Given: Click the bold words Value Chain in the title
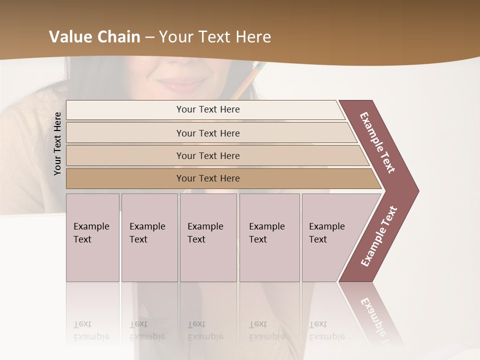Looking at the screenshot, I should (x=94, y=37).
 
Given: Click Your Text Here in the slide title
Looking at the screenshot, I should (x=215, y=37).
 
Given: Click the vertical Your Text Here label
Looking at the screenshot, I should (x=58, y=143).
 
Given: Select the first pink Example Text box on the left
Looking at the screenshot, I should (x=92, y=237).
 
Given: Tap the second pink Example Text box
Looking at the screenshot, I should (x=149, y=237).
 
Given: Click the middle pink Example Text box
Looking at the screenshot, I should (x=208, y=237).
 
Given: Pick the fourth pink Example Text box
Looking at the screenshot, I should (x=269, y=237).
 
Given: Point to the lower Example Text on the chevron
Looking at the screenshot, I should (x=379, y=236).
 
